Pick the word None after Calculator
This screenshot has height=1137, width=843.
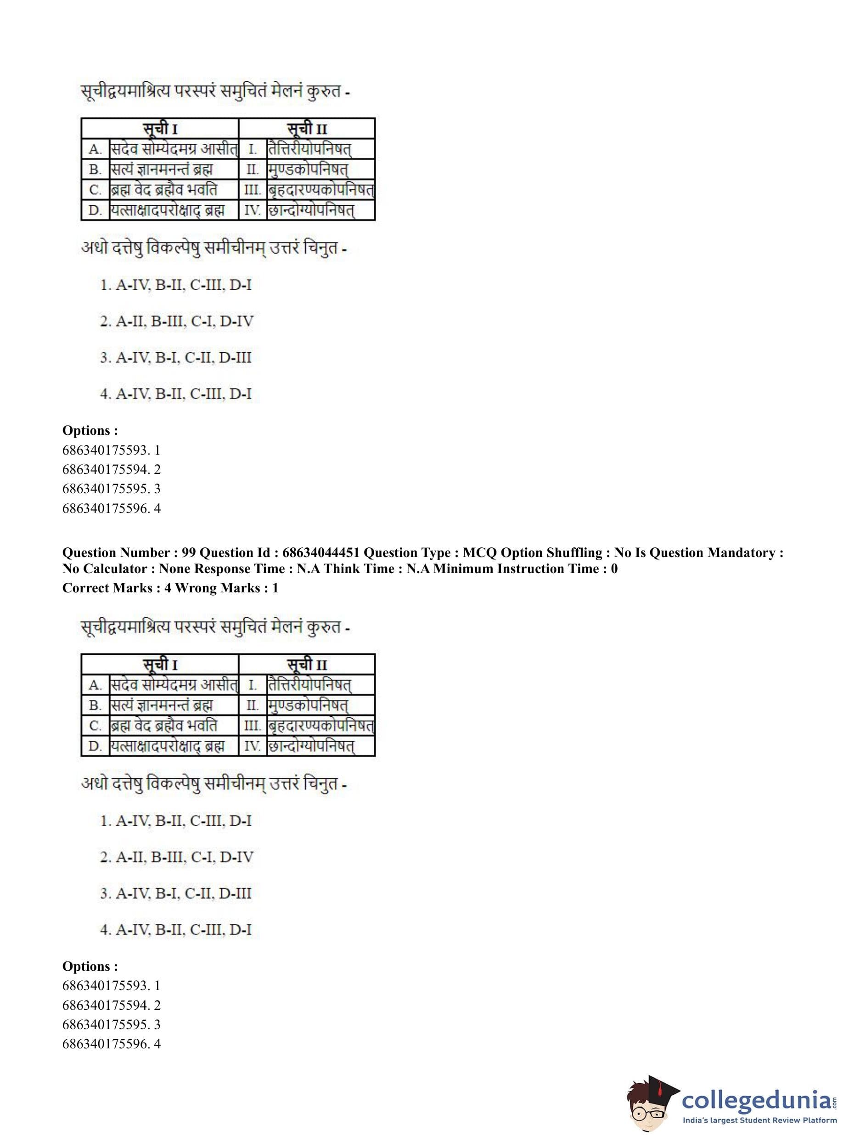174,568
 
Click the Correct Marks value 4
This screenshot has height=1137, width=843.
168,588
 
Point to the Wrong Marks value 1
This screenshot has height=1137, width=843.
275,588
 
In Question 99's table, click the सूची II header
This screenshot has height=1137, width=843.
307,665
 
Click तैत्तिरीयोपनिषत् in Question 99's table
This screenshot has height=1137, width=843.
310,685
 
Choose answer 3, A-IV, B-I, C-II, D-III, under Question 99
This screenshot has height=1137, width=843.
176,894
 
